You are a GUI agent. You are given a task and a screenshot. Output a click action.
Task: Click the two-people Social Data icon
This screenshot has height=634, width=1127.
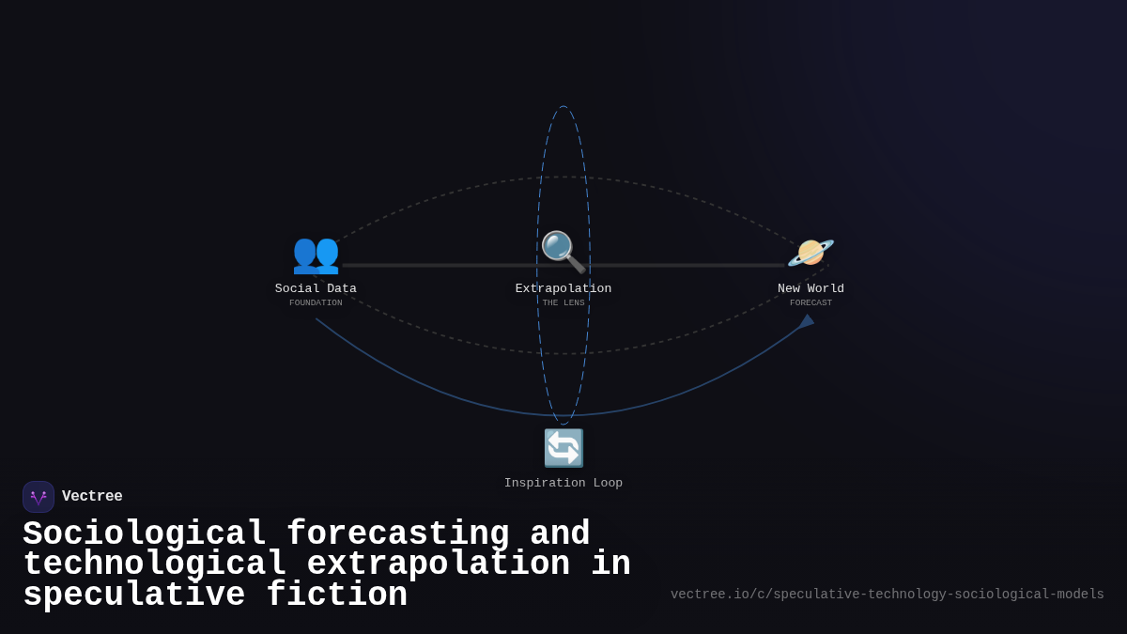point(316,254)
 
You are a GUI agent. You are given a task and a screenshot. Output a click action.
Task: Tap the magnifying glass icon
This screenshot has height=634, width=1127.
point(563,252)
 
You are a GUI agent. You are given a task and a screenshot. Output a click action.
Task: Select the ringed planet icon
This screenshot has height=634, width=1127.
point(811,253)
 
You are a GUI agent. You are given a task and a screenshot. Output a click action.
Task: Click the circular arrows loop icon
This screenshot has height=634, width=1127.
point(563,448)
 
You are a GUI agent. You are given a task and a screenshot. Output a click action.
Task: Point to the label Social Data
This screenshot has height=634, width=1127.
point(316,288)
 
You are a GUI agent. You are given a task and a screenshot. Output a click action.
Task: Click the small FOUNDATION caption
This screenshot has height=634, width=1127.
point(316,302)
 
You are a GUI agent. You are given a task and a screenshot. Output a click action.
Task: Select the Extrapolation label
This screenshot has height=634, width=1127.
point(563,288)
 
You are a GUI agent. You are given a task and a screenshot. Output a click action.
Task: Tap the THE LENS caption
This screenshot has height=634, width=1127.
point(563,302)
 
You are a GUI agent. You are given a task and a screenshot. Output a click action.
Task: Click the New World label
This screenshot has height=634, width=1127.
point(811,288)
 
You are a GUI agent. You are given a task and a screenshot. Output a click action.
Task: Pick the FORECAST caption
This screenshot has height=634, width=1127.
point(811,302)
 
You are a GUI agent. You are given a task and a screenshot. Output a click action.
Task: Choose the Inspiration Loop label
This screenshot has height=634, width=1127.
point(563,483)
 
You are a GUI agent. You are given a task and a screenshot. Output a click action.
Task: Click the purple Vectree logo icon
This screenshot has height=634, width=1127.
point(39,497)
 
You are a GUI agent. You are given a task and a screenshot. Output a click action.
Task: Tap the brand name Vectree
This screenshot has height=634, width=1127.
point(92,497)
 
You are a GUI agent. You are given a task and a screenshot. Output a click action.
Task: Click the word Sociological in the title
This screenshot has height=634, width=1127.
point(145,533)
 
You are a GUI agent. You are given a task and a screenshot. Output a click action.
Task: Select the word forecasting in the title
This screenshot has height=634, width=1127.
point(397,533)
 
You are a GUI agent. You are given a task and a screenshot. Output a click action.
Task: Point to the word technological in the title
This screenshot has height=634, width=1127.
point(155,564)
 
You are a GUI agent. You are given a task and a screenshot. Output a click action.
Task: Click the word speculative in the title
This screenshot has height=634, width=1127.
point(134,595)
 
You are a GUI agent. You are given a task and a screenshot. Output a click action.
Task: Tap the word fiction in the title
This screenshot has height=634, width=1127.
point(337,595)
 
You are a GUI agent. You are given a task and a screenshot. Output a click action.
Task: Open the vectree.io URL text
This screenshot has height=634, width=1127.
point(887,595)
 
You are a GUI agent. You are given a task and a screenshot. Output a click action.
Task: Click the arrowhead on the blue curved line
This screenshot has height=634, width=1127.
point(807,321)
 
